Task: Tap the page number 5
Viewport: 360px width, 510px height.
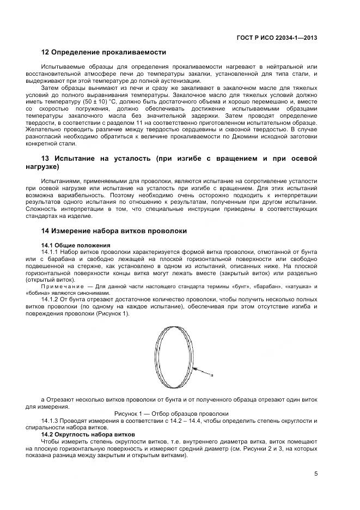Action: [x=316, y=473]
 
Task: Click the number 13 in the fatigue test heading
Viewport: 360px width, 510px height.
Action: [x=46, y=159]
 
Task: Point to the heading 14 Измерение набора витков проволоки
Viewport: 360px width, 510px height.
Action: [x=114, y=231]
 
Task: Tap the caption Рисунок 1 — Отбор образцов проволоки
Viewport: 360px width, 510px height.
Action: [x=171, y=414]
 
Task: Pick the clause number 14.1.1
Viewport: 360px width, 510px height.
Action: [x=51, y=252]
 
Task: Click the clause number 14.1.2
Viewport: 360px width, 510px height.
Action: [x=51, y=299]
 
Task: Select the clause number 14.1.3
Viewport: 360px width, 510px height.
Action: [x=51, y=421]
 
